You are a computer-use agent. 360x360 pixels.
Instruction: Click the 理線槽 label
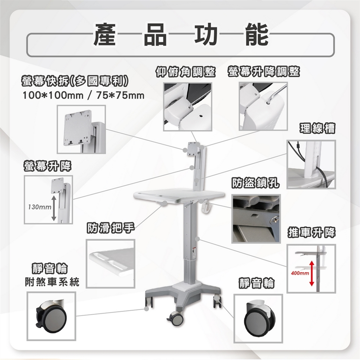coord(317,128)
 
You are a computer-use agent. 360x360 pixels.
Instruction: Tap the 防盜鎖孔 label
coord(255,183)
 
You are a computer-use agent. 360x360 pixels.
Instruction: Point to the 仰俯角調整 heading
coord(186,72)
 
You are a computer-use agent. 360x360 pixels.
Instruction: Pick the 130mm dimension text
coord(39,207)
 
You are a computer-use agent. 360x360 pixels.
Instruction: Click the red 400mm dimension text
coord(300,273)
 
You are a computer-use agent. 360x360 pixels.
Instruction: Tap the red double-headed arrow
coord(312,273)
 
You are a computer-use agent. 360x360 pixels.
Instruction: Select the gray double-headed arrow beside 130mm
coord(54,208)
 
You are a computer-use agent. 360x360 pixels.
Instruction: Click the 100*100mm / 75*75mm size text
coord(83,96)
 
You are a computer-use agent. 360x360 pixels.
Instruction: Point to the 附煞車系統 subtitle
coord(52,282)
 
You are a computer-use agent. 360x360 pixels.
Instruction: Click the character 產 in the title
coord(105,35)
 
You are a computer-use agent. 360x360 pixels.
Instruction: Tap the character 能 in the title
coord(256,35)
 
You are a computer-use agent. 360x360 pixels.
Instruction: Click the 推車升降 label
coord(311,232)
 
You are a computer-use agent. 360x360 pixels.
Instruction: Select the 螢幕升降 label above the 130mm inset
coord(48,166)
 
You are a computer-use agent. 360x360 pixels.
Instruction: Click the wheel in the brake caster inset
coord(53,319)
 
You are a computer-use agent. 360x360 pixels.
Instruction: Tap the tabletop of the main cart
coord(179,195)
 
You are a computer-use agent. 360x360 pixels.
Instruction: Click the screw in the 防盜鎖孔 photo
coord(274,220)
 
